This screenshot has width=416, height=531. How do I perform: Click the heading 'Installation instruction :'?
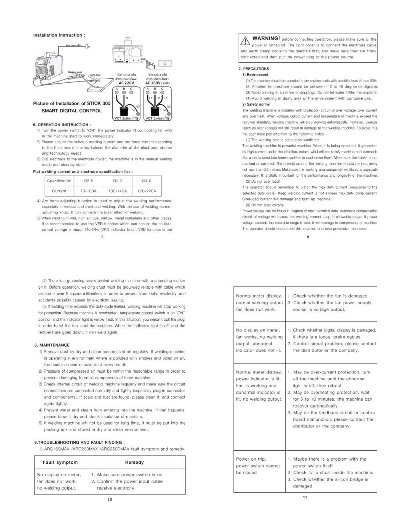point(59,35)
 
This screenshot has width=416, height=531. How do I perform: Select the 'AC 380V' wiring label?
point(157,83)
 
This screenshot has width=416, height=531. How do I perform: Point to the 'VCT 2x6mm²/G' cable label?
point(126,118)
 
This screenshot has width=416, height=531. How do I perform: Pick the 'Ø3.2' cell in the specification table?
point(117,181)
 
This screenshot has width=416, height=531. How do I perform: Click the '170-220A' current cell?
point(147,191)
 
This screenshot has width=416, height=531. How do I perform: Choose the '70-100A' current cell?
point(88,191)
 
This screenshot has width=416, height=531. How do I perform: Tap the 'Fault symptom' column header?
point(60,462)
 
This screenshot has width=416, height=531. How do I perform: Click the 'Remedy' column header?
point(134,462)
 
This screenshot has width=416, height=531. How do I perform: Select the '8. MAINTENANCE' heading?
point(52,345)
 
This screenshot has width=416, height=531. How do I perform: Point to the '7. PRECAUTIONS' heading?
point(254,69)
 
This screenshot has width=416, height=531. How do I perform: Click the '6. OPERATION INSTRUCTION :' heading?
point(62,125)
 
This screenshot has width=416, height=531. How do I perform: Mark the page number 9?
point(308,237)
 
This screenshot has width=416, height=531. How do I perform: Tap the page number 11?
point(305,497)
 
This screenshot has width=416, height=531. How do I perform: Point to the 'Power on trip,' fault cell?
point(251,459)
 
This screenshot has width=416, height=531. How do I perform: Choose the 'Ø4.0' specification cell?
point(147,181)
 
